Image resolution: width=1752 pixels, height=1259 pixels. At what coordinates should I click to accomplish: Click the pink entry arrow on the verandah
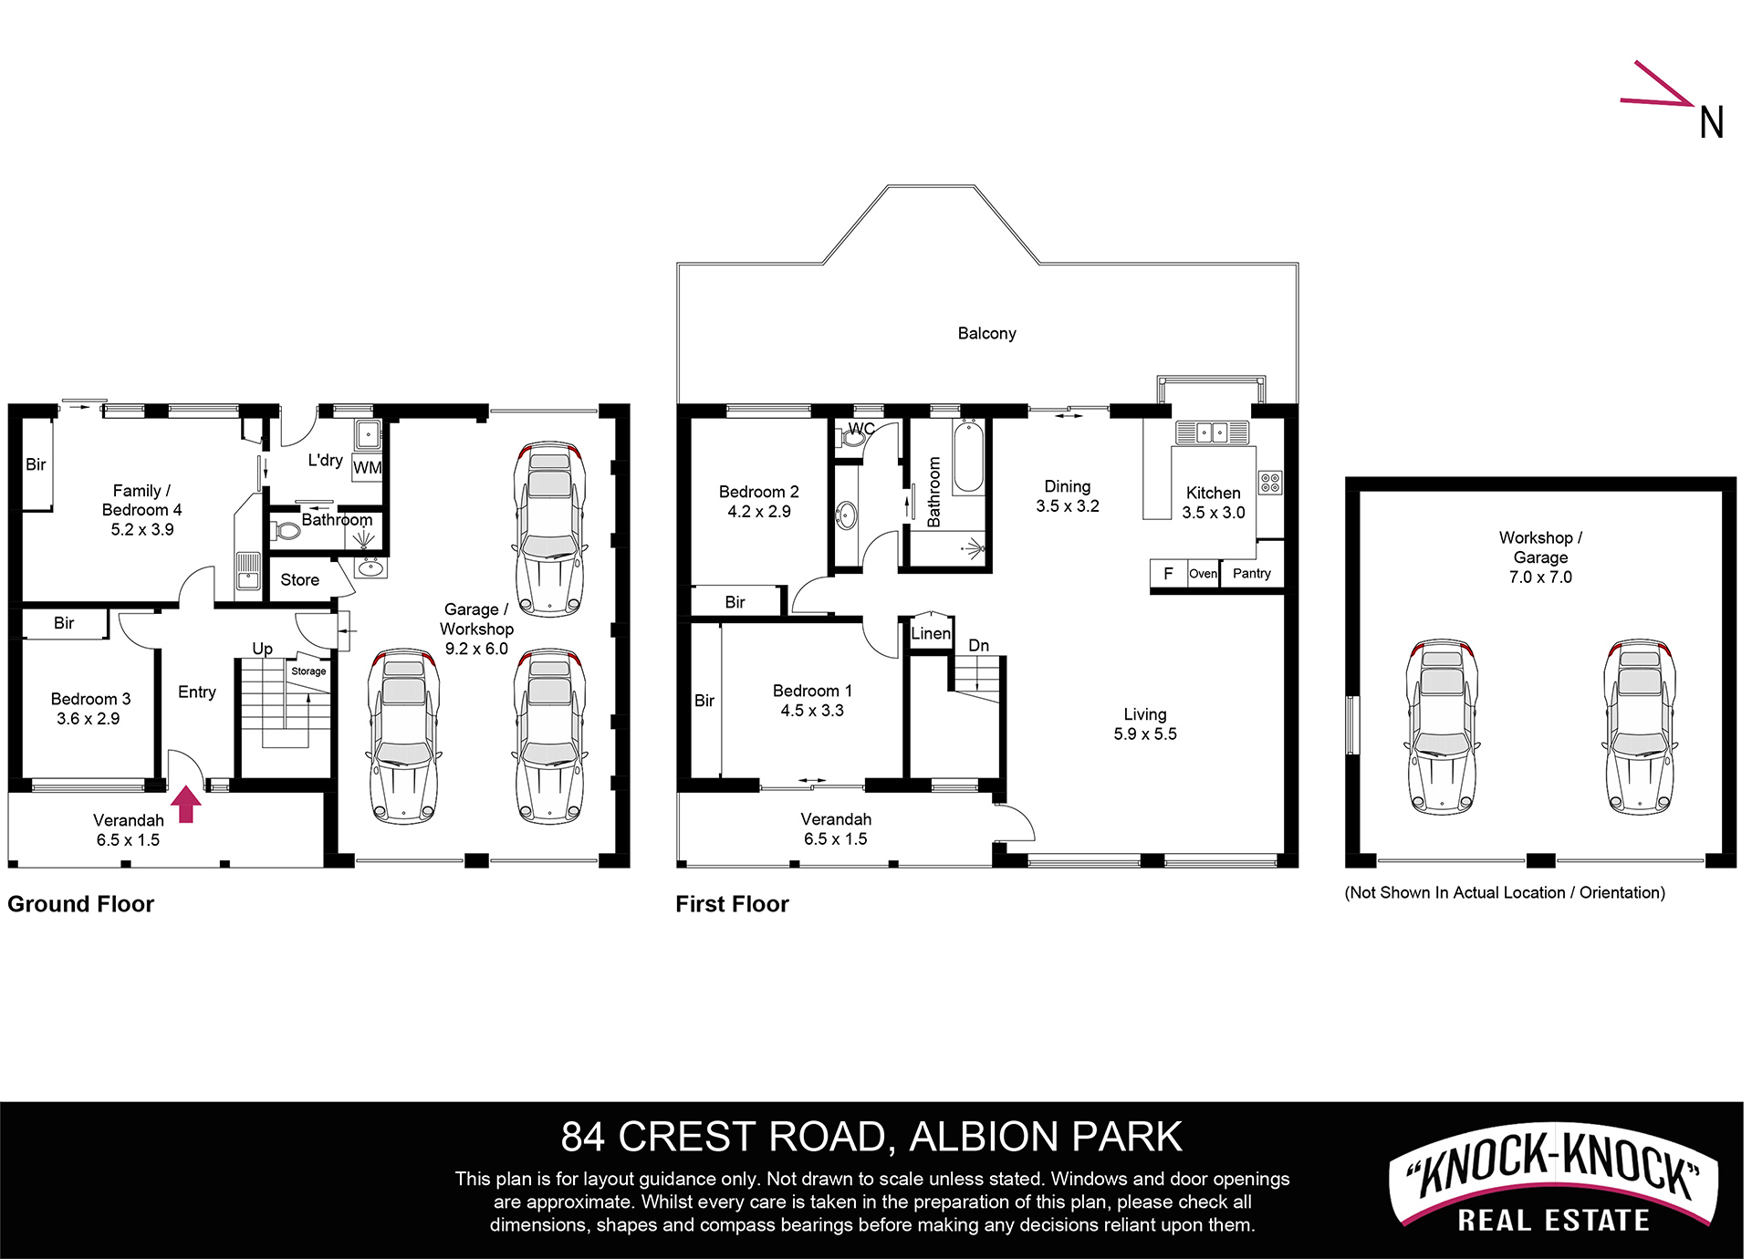click(186, 805)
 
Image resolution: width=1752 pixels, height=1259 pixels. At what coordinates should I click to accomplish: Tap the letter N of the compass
click(1712, 123)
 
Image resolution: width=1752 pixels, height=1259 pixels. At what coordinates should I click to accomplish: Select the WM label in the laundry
click(367, 468)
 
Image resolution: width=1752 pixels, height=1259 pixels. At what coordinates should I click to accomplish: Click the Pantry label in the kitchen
click(1251, 573)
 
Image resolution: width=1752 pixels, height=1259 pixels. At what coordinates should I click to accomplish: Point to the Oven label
click(1203, 574)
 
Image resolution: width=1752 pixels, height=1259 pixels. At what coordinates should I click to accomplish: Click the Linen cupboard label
click(931, 633)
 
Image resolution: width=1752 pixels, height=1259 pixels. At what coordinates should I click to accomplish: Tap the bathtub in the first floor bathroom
click(968, 457)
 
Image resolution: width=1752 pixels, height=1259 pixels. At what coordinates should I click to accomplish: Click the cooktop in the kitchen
click(1270, 483)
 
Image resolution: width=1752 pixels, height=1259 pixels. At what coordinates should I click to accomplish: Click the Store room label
click(299, 580)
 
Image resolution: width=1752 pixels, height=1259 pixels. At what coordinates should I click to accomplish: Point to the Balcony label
click(986, 334)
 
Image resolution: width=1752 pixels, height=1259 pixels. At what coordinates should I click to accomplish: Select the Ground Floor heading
click(81, 904)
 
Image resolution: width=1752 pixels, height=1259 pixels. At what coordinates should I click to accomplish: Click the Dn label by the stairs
click(978, 646)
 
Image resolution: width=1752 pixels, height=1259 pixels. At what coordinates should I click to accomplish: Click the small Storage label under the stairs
click(308, 671)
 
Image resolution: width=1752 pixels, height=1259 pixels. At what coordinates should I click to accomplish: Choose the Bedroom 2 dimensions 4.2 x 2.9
click(759, 512)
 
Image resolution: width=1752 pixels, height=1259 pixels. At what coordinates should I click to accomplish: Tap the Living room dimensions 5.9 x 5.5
click(1145, 734)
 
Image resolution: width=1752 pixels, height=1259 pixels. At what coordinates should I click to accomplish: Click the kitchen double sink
click(1211, 432)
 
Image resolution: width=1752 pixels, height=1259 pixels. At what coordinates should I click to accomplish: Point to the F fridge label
click(1168, 574)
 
